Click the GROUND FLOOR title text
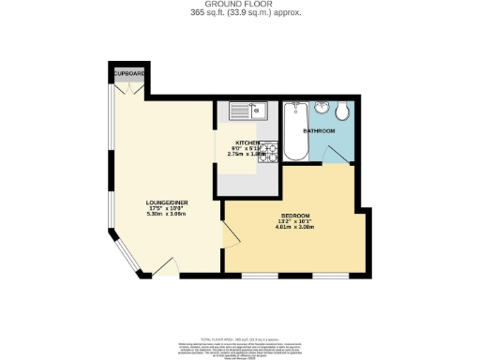tap(239, 5)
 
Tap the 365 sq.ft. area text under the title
tap(239, 13)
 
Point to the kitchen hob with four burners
tap(268, 151)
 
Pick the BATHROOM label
tap(319, 130)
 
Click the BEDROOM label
tap(297, 215)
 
